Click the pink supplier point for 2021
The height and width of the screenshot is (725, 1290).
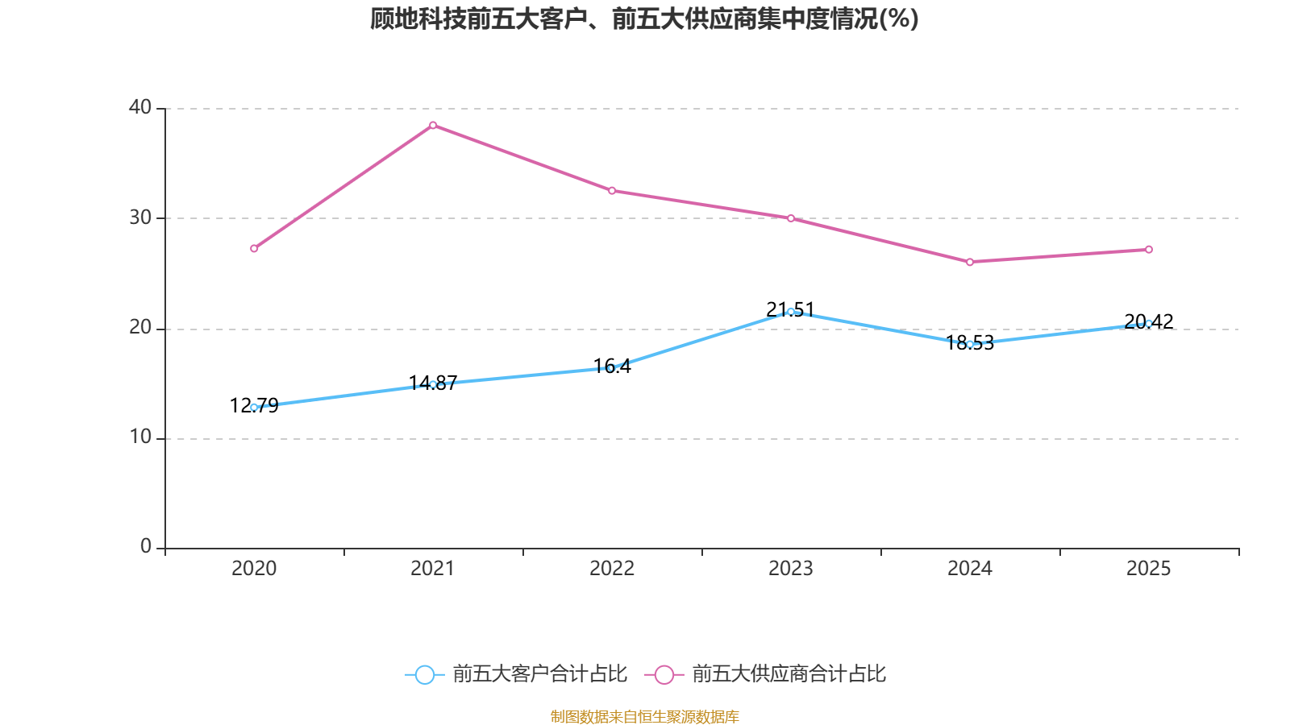pyautogui.click(x=433, y=125)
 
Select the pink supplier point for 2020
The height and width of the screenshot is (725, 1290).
pyautogui.click(x=254, y=248)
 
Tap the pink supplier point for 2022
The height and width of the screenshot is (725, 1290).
pyautogui.click(x=612, y=191)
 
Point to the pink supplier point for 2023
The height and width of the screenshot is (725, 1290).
pyautogui.click(x=791, y=218)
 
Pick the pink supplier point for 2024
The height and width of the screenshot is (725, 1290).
pyautogui.click(x=970, y=262)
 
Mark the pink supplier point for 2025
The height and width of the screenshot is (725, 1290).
pyautogui.click(x=1149, y=250)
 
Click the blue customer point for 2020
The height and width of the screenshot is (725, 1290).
pyautogui.click(x=254, y=408)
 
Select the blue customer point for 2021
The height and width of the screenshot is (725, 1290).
pyautogui.click(x=433, y=384)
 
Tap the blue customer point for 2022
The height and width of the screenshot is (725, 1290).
pyautogui.click(x=612, y=368)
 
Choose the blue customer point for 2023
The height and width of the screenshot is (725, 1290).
pyautogui.click(x=791, y=312)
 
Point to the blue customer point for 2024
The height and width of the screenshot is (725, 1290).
pyautogui.click(x=970, y=344)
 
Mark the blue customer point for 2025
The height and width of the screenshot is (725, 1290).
pyautogui.click(x=1149, y=324)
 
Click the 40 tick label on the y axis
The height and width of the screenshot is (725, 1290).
pyautogui.click(x=140, y=107)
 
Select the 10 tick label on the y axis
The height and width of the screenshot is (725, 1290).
pyautogui.click(x=140, y=437)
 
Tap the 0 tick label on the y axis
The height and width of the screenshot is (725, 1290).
pyautogui.click(x=146, y=547)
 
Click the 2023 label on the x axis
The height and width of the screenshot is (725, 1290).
pyautogui.click(x=791, y=569)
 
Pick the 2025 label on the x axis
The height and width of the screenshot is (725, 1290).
pyautogui.click(x=1149, y=569)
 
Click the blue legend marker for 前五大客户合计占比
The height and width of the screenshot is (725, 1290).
pyautogui.click(x=425, y=674)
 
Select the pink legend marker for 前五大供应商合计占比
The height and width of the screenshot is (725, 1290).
pyautogui.click(x=664, y=674)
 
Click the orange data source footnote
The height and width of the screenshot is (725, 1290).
pyautogui.click(x=645, y=716)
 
